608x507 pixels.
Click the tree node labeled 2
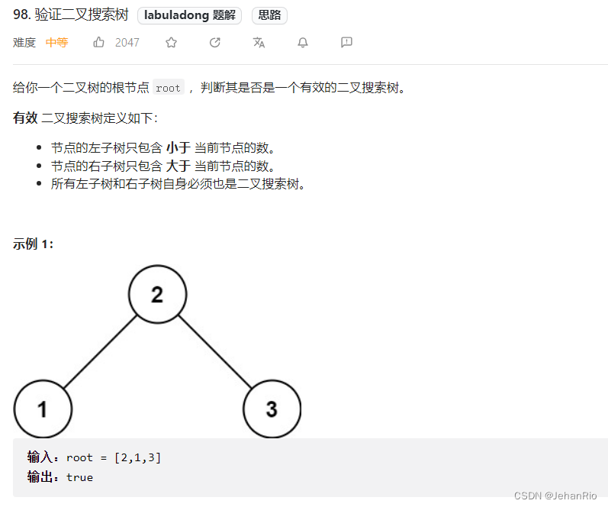(x=157, y=295)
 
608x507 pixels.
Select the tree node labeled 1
(x=43, y=409)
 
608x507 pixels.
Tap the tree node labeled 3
(x=272, y=409)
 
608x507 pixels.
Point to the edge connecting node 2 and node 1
(x=100, y=352)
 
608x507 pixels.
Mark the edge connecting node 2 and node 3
(x=214, y=352)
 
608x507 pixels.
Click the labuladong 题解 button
(x=191, y=15)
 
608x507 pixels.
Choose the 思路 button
(x=269, y=15)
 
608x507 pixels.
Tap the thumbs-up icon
(x=99, y=43)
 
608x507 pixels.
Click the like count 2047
(x=127, y=43)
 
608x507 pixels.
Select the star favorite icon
(x=171, y=43)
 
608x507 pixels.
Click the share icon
(x=215, y=43)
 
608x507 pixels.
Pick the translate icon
(x=259, y=43)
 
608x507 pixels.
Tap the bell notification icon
(x=303, y=43)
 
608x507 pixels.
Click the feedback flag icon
(x=346, y=43)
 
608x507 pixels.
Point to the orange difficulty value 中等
(x=56, y=43)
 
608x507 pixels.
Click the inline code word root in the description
(x=168, y=88)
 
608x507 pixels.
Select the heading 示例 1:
(x=34, y=244)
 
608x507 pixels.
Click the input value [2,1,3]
(x=137, y=457)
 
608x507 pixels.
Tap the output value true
(x=79, y=477)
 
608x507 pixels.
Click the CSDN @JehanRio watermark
(x=555, y=496)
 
